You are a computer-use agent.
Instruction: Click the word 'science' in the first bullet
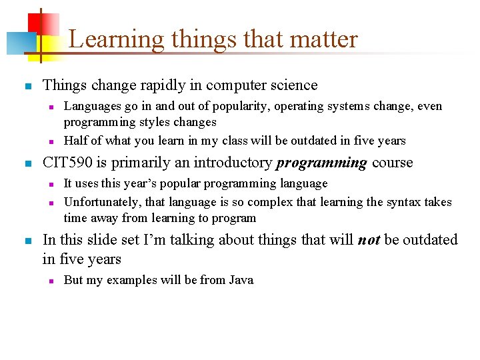tap(290, 85)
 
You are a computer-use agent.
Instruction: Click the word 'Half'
tap(75, 141)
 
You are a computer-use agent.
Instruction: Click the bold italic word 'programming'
tap(321, 163)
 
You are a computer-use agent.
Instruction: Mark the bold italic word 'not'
tap(369, 240)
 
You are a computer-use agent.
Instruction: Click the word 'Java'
tap(241, 280)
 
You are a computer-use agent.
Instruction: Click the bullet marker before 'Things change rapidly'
tap(27, 87)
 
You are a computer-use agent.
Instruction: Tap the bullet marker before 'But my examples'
tap(49, 281)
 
